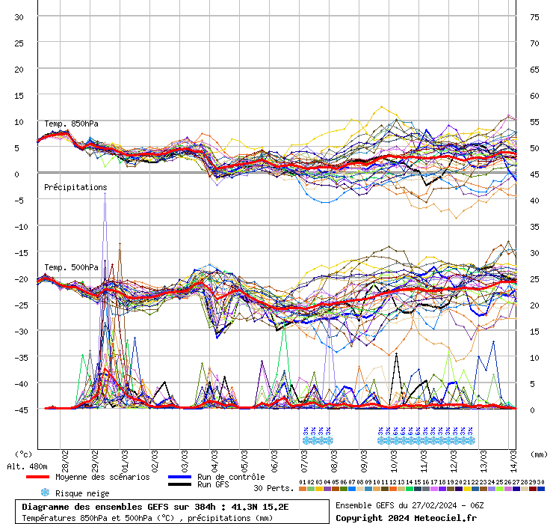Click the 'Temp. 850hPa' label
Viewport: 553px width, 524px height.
(71, 124)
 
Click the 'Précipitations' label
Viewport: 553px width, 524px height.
(75, 187)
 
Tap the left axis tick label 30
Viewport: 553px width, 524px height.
(19, 17)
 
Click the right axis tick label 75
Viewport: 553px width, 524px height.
(534, 17)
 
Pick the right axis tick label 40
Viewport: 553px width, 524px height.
(534, 201)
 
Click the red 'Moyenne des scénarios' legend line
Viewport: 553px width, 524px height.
(37, 477)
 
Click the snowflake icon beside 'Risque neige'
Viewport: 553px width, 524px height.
(45, 493)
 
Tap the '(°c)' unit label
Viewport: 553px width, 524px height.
(24, 454)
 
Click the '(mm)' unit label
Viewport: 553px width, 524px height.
(538, 454)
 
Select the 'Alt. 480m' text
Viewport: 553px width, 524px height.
(27, 466)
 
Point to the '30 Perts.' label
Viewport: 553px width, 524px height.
(274, 488)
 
